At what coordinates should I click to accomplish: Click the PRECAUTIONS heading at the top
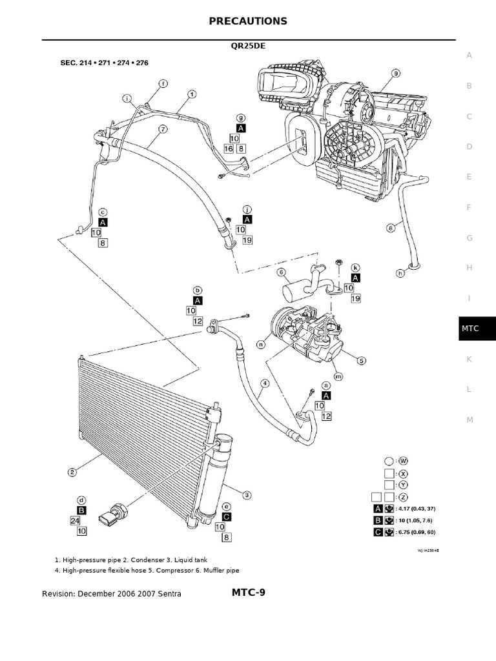click(x=248, y=21)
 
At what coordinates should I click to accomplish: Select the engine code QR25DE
click(x=248, y=47)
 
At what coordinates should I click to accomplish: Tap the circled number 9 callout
click(x=396, y=73)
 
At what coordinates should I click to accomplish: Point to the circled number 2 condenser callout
click(x=72, y=472)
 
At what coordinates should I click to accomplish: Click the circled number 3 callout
click(x=246, y=495)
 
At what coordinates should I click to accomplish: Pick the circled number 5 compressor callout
click(x=362, y=361)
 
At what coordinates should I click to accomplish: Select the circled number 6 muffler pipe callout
click(x=281, y=272)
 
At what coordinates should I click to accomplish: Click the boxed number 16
click(x=228, y=149)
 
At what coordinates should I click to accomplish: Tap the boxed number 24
click(x=75, y=520)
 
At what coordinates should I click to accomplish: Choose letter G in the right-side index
click(x=470, y=238)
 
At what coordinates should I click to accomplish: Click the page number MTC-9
click(x=248, y=593)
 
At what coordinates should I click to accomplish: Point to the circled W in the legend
click(x=404, y=461)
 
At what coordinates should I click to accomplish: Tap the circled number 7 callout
click(x=163, y=129)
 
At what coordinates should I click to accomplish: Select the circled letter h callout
click(x=400, y=273)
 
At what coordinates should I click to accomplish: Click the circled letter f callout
click(x=163, y=84)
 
